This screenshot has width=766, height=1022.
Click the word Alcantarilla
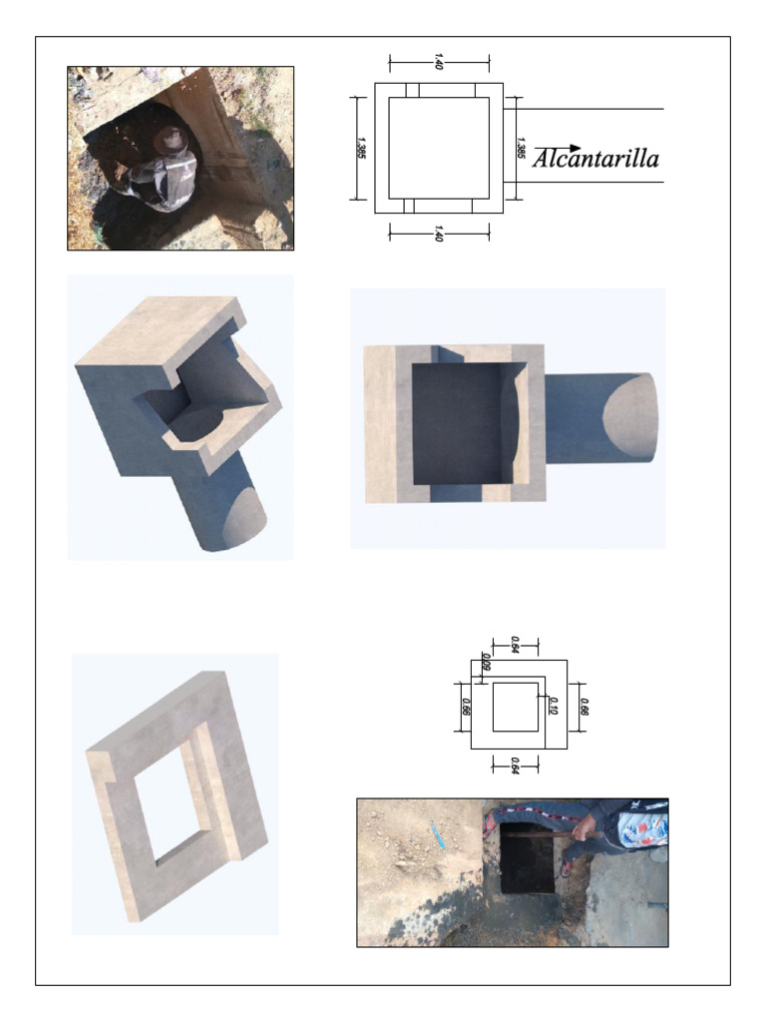[x=595, y=160]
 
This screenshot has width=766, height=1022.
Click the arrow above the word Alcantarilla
[x=558, y=149]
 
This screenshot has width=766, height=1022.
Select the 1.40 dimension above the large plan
[x=439, y=61]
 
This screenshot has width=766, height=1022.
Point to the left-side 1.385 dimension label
[x=360, y=148]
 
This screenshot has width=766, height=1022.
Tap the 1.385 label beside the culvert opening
[x=520, y=148]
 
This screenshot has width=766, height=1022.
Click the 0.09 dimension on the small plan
[x=485, y=661]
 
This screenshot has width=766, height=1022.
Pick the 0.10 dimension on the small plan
[x=552, y=706]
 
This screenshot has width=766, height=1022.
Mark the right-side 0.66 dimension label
[x=583, y=706]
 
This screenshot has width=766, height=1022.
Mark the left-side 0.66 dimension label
[x=465, y=706]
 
